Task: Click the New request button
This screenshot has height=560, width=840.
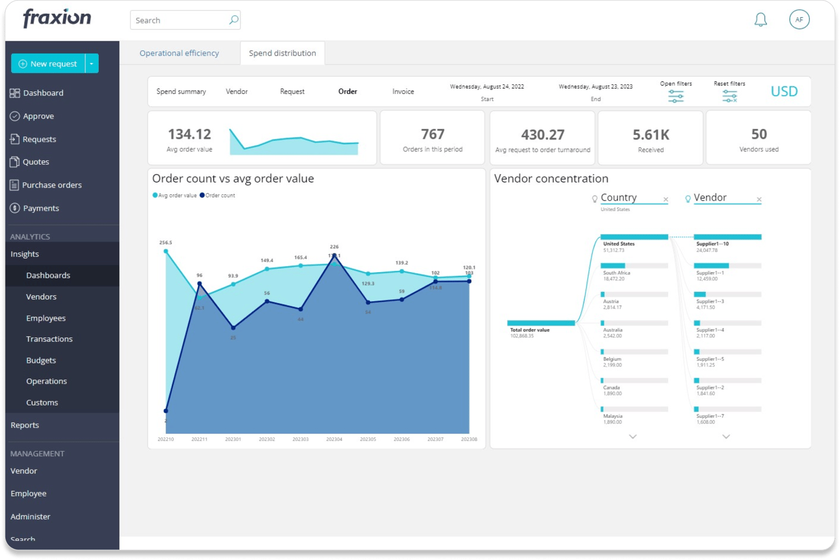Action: [x=48, y=64]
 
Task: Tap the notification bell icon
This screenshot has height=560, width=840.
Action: [x=760, y=20]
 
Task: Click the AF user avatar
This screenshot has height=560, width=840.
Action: [x=799, y=20]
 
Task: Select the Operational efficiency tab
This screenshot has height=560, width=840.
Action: [x=179, y=53]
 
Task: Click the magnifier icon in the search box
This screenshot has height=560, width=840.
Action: [x=234, y=20]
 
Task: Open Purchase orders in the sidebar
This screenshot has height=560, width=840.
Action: [x=51, y=185]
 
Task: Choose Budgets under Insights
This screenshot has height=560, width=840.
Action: [x=41, y=360]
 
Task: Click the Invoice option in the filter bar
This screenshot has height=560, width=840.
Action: [x=403, y=91]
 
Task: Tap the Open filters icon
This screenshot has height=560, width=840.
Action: [x=675, y=96]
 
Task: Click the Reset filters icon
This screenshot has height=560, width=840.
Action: [x=729, y=96]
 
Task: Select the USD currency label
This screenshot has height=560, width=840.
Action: [x=784, y=91]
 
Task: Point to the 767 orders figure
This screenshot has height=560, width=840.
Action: [x=432, y=134]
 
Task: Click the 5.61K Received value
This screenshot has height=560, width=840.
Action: [x=650, y=135]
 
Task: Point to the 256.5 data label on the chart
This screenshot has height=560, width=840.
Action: [x=166, y=243]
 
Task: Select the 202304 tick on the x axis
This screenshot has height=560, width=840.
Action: [x=334, y=440]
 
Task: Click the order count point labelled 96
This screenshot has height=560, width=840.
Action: [x=200, y=284]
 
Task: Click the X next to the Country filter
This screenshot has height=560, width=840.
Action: [x=665, y=200]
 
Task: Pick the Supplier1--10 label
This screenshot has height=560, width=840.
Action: [x=712, y=244]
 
